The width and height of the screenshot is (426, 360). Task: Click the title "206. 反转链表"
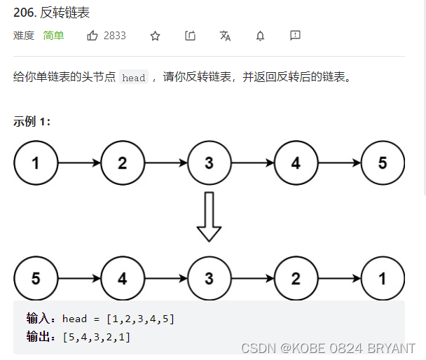click(x=51, y=13)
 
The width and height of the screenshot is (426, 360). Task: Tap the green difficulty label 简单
click(x=53, y=36)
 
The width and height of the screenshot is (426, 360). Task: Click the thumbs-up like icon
click(x=92, y=36)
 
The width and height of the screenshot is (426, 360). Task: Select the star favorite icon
click(x=155, y=36)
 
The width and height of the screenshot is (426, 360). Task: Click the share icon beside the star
click(x=190, y=36)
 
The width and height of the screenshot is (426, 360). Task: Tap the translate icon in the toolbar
click(x=225, y=36)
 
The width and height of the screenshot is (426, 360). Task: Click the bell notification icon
click(x=260, y=36)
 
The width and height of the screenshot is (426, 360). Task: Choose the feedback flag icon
click(x=295, y=36)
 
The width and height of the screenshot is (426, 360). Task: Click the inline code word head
click(x=133, y=78)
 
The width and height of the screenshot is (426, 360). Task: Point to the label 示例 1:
click(x=32, y=121)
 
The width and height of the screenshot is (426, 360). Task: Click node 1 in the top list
click(x=36, y=164)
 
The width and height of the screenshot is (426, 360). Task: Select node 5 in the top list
click(x=383, y=164)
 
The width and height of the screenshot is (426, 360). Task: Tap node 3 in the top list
click(x=209, y=164)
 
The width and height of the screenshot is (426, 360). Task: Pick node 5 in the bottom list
click(x=36, y=279)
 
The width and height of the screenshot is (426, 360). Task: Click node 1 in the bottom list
click(x=383, y=279)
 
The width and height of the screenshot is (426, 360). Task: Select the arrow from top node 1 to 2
click(x=79, y=164)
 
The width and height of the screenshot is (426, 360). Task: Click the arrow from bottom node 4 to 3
click(x=166, y=279)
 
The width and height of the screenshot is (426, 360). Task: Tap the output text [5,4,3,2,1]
click(x=97, y=337)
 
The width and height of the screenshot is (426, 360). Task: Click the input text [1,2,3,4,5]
click(x=140, y=319)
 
